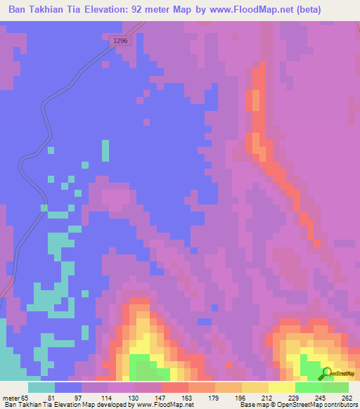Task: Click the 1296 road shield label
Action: pyautogui.click(x=120, y=42)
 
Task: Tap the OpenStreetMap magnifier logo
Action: pyautogui.click(x=328, y=374)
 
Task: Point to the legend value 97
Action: pyautogui.click(x=68, y=397)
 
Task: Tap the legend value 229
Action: pyautogui.click(x=279, y=397)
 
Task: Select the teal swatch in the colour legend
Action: pyautogui.click(x=41, y=387)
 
